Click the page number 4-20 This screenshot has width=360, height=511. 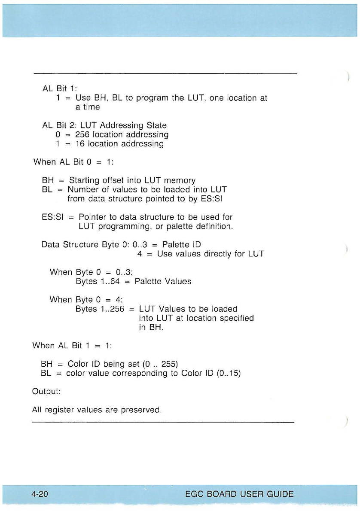[x=39, y=494]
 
